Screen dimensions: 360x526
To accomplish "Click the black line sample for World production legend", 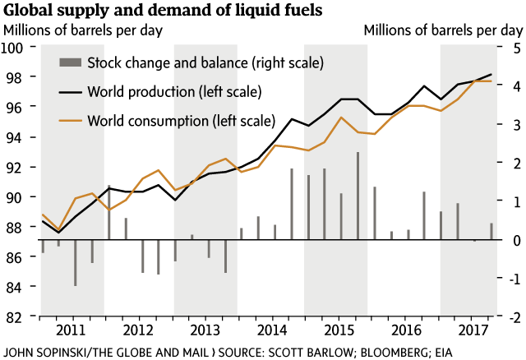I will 72,90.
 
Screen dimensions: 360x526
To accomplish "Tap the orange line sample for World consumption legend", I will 72,121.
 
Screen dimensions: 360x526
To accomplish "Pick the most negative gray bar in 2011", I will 76,262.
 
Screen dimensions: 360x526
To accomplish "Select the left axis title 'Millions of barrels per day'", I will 84,30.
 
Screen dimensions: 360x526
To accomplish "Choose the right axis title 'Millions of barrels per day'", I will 442,30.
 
